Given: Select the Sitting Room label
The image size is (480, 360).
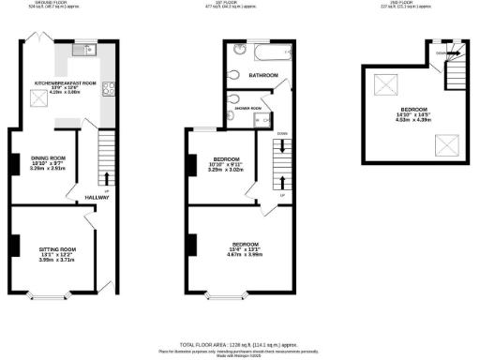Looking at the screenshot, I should point(56,250).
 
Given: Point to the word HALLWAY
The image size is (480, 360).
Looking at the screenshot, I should point(97,198).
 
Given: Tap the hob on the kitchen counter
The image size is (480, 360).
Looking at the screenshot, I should point(109,91).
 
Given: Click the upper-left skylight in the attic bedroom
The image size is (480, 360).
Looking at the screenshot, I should point(385,86).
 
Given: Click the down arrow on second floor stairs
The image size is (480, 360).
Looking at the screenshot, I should point(444,54).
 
